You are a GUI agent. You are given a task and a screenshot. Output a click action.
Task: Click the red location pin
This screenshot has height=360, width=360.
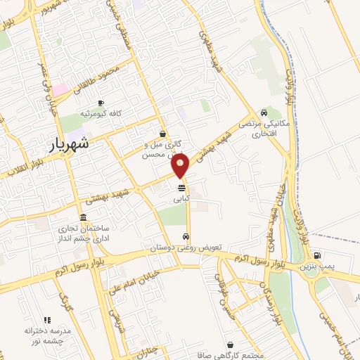click(181, 166)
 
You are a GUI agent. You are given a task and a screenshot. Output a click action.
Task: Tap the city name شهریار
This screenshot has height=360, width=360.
click(70, 145)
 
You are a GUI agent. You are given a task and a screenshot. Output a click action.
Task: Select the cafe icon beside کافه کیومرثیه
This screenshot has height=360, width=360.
click(101, 103)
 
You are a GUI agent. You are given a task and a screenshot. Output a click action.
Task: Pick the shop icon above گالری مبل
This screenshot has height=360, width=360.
click(163, 133)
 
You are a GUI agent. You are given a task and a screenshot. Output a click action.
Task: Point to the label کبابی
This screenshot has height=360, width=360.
click(181, 199)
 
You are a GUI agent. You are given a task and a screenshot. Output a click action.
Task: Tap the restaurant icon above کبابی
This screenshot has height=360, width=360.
click(181, 188)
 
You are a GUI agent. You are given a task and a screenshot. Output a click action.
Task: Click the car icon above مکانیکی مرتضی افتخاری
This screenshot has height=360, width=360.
click(264, 112)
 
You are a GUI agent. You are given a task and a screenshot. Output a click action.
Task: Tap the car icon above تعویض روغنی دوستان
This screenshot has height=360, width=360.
click(186, 237)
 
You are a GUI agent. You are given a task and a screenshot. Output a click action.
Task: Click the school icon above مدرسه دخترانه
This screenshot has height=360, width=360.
click(48, 321)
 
